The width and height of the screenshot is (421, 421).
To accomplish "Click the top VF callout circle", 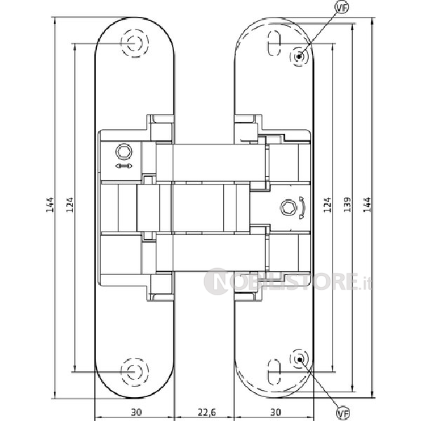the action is pyautogui.click(x=342, y=8).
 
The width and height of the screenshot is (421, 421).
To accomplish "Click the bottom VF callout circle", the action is pyautogui.click(x=343, y=414).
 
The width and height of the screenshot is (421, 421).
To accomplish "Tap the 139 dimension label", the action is pyautogui.click(x=347, y=205).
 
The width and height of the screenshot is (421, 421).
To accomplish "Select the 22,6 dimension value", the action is pyautogui.click(x=207, y=412).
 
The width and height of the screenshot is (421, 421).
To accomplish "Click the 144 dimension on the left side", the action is pyautogui.click(x=50, y=205).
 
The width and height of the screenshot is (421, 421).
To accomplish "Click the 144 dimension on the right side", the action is pyautogui.click(x=367, y=205).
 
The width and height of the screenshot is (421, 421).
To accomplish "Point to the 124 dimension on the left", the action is pyautogui.click(x=69, y=205).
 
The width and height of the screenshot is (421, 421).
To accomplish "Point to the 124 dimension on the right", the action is pyautogui.click(x=327, y=205).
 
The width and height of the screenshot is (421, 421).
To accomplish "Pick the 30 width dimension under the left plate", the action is pyautogui.click(x=136, y=412).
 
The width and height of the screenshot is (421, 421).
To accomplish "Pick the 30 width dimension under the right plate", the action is pyautogui.click(x=276, y=412).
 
